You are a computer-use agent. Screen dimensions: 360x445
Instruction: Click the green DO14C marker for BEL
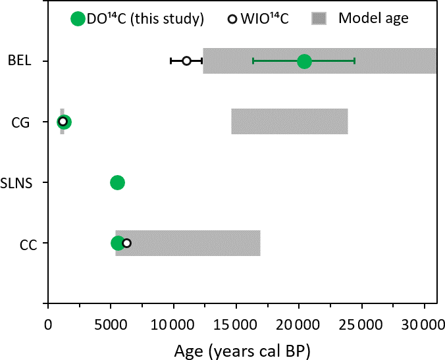304,61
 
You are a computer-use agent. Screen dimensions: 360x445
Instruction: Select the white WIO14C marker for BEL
186,61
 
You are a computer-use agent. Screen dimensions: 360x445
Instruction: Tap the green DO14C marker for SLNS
117,182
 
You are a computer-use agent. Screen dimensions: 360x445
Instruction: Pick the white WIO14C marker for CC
127,243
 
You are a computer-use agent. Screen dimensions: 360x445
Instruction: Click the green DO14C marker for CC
118,243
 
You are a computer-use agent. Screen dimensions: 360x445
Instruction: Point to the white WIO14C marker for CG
63,122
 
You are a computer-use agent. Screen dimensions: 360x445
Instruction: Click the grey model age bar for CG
290,122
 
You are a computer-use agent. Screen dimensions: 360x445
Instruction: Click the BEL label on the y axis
19,61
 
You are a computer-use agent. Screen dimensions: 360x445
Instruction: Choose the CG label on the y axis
21,122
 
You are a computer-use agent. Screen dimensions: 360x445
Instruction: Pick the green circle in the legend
78,18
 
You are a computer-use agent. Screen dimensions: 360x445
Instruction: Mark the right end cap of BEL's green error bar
355,61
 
